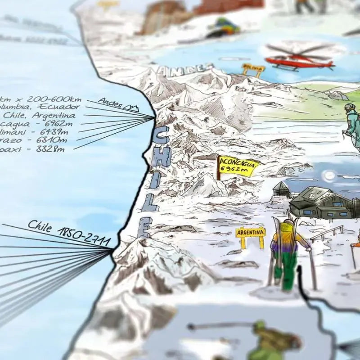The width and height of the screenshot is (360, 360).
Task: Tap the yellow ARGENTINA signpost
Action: click(x=250, y=233)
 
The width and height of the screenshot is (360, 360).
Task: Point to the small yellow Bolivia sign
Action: click(x=253, y=68)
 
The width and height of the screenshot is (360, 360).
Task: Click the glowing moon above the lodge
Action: click(x=330, y=175)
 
